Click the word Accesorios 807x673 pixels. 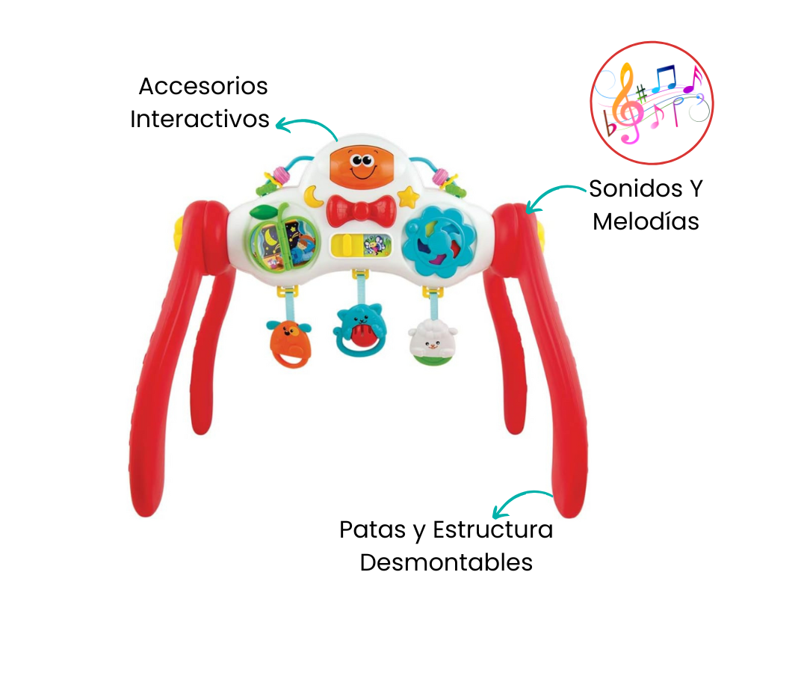pos(203,86)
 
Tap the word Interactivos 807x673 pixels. pos(200,119)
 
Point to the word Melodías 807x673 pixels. pos(646,221)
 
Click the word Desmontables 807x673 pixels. pos(446,562)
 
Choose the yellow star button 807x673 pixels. pos(408,197)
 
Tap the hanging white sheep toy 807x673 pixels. pos(433,342)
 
